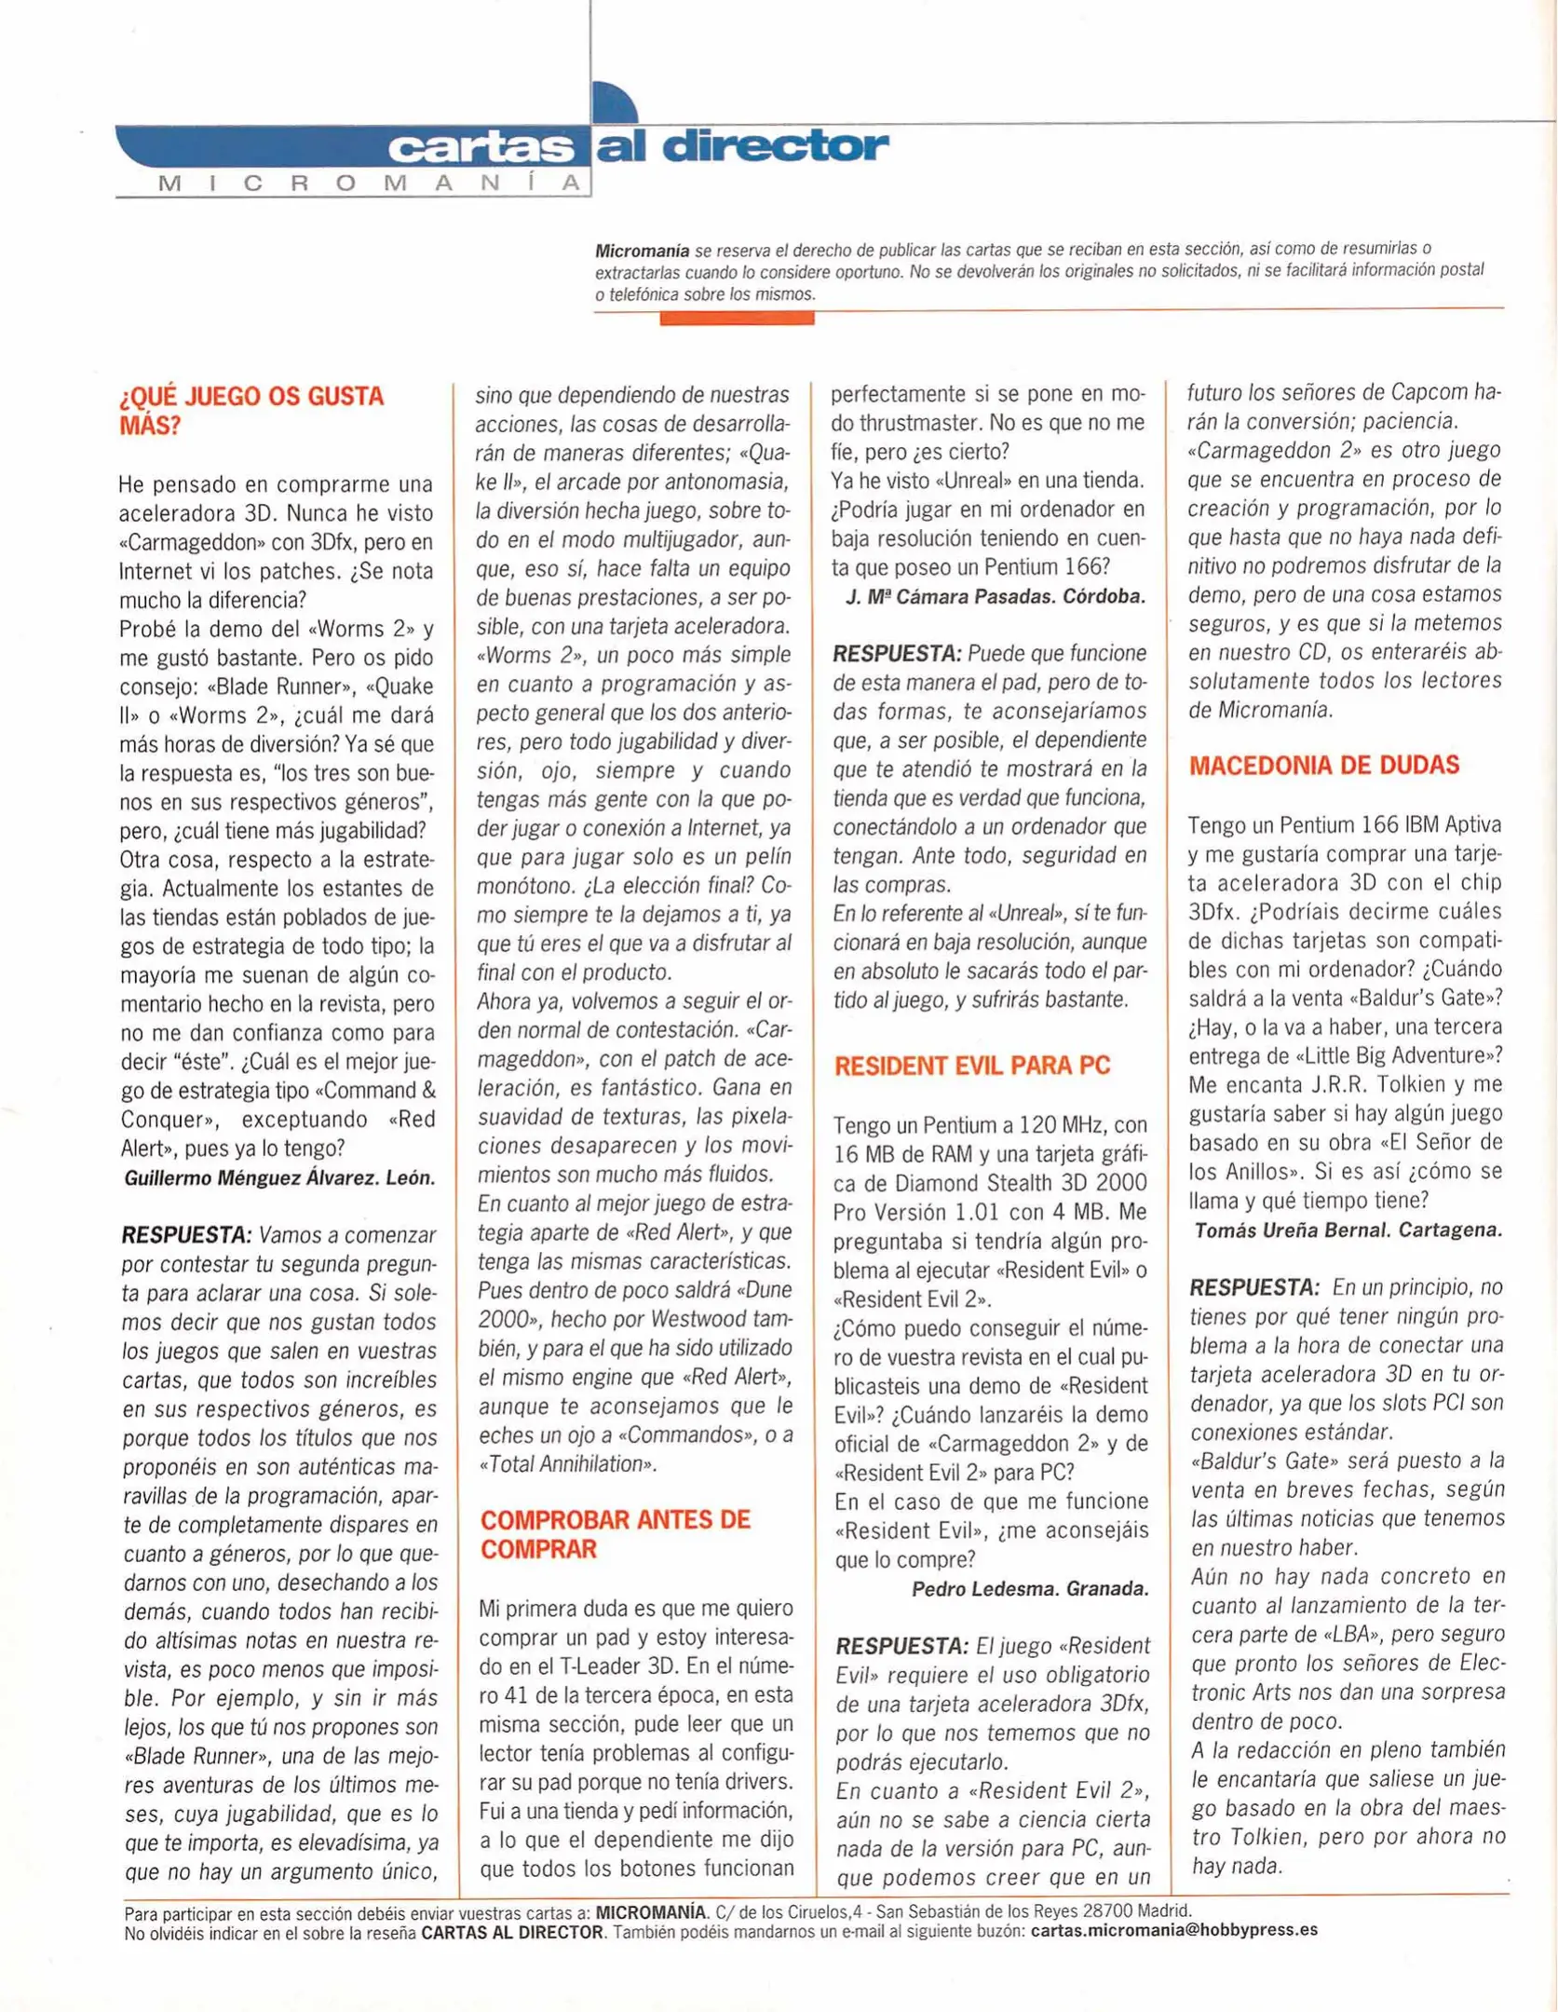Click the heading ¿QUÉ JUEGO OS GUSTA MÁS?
(x=251, y=411)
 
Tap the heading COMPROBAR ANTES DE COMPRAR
(x=615, y=1534)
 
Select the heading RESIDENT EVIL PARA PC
(x=971, y=1066)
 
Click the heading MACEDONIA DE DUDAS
(x=1323, y=766)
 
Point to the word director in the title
(x=776, y=146)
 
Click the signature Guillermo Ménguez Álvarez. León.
(x=279, y=1177)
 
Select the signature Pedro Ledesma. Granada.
(x=1029, y=1588)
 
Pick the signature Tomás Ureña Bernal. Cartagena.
(x=1348, y=1230)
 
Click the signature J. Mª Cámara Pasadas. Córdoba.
(x=996, y=596)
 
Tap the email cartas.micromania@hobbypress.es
(x=1173, y=1930)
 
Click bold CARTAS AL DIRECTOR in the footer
(x=511, y=1931)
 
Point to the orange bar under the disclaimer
(x=737, y=319)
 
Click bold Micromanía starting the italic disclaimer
(x=642, y=251)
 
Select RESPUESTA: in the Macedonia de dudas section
(x=1253, y=1288)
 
